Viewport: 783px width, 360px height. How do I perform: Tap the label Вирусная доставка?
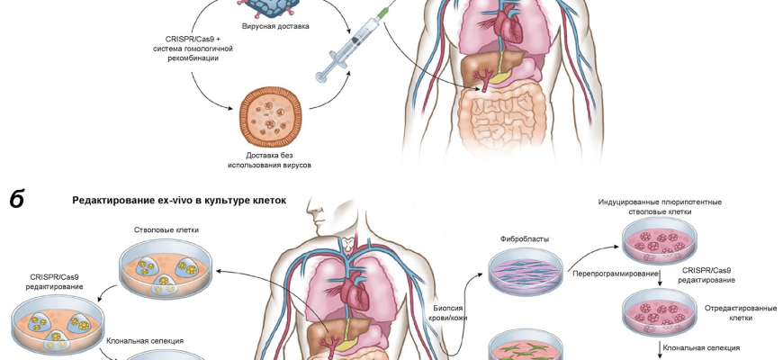click(x=276, y=26)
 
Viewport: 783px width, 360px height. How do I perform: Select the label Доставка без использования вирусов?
click(x=275, y=159)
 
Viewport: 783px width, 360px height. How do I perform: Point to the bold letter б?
click(x=17, y=199)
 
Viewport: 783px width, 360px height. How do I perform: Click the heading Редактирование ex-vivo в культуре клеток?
click(x=179, y=201)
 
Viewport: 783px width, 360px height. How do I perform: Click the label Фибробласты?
click(x=525, y=239)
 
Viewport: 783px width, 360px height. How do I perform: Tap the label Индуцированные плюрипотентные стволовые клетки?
click(x=660, y=207)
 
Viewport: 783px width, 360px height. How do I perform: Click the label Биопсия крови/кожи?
click(x=450, y=311)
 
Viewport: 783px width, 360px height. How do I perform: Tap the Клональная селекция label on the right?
click(x=701, y=346)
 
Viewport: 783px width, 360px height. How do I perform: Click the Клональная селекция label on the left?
click(x=145, y=341)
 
